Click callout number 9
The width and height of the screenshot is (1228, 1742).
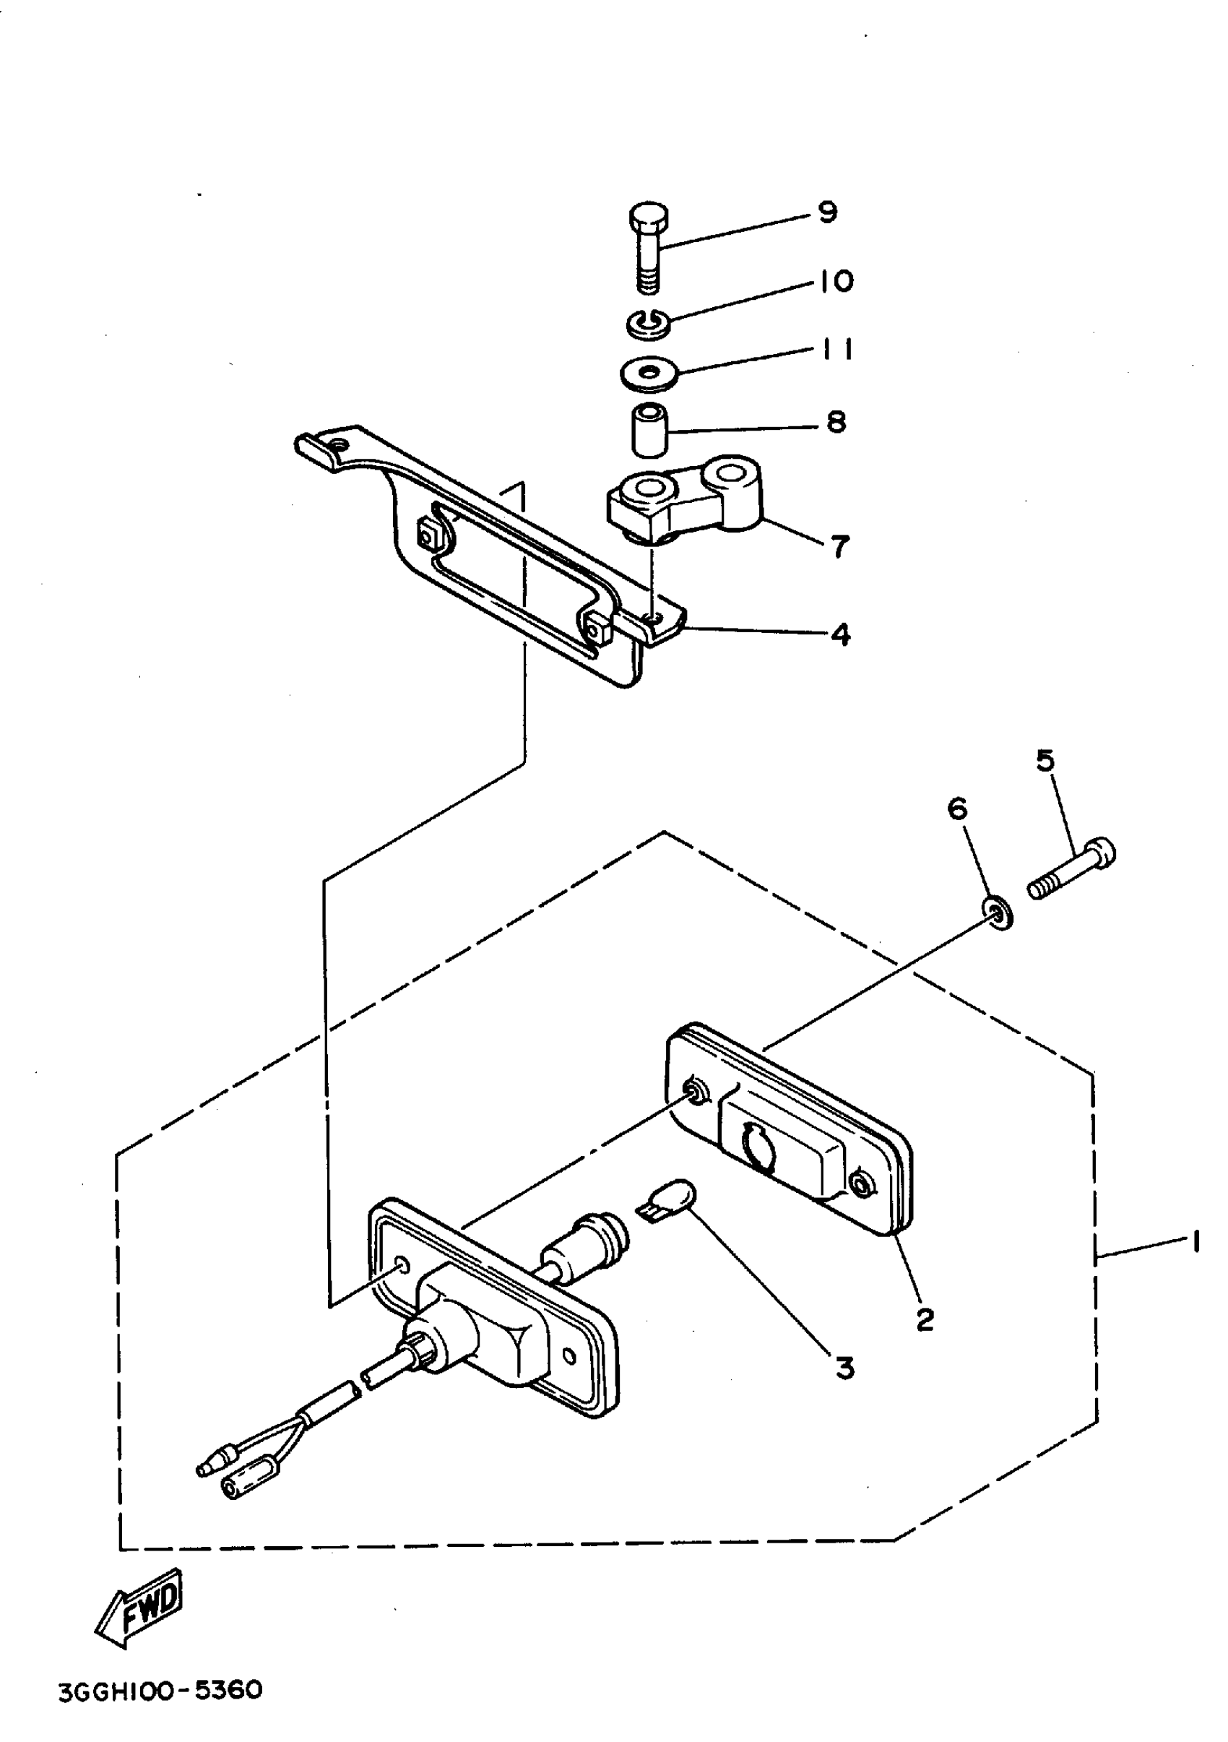[x=828, y=212]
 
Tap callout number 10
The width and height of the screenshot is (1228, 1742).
[x=836, y=282]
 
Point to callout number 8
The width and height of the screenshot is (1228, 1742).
[x=836, y=422]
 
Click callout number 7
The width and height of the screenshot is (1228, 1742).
[x=839, y=546]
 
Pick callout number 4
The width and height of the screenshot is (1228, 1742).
[x=840, y=634]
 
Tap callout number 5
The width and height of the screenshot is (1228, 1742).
[x=1045, y=760]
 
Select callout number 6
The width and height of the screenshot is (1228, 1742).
[x=957, y=809]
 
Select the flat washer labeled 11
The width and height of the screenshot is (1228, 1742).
[x=648, y=374]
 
